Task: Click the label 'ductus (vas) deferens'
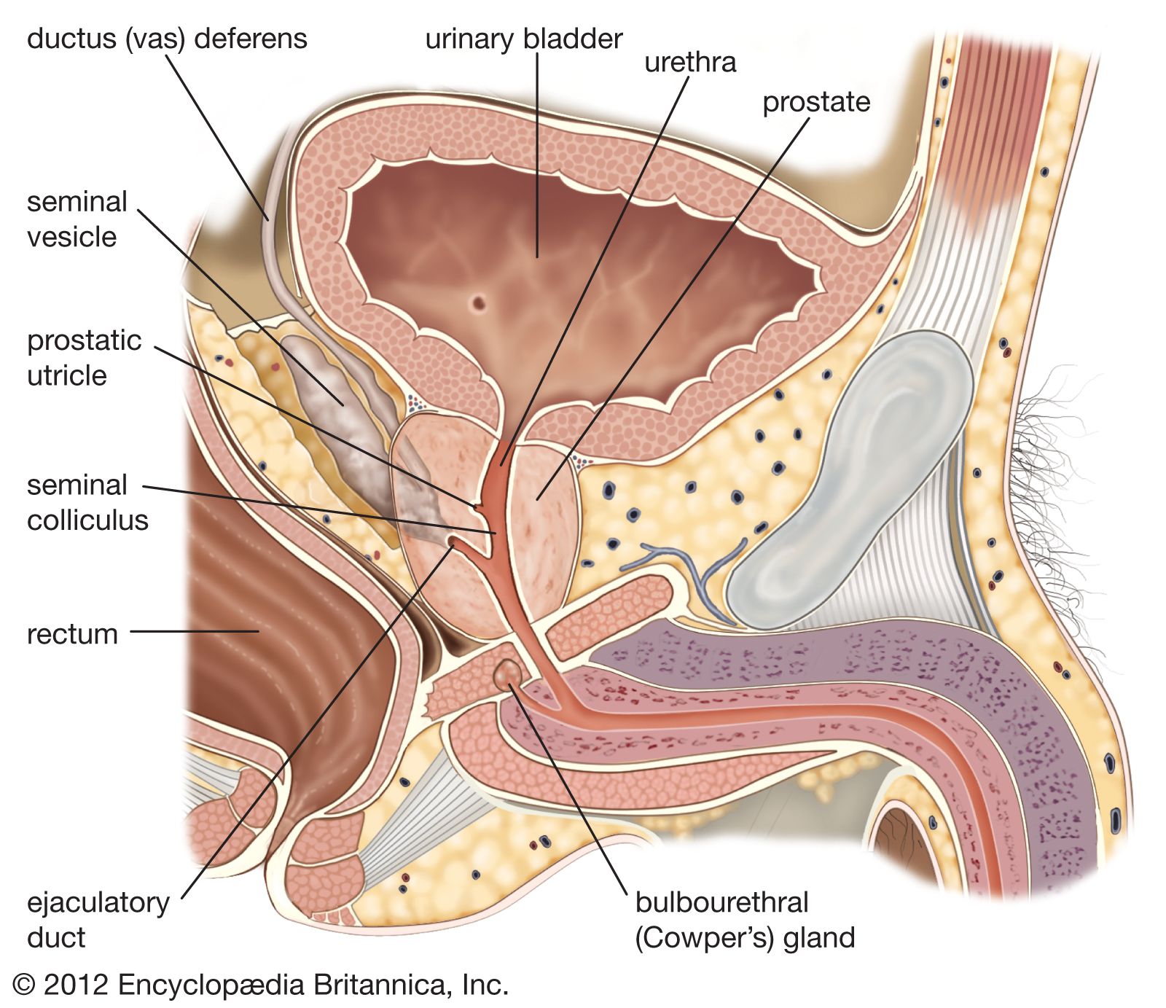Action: point(167,39)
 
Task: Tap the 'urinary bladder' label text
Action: point(523,39)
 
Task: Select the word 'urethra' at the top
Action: point(689,63)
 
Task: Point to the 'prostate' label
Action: point(815,102)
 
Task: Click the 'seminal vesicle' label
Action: point(77,219)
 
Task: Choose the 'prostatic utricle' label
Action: point(84,358)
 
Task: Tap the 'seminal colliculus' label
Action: point(87,502)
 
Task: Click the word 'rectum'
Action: point(72,634)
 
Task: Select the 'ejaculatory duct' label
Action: point(97,920)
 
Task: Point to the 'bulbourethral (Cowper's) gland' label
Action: point(744,920)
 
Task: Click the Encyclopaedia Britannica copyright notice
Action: point(261,985)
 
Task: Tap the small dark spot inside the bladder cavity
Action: point(478,301)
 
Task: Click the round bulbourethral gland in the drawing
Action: point(508,673)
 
